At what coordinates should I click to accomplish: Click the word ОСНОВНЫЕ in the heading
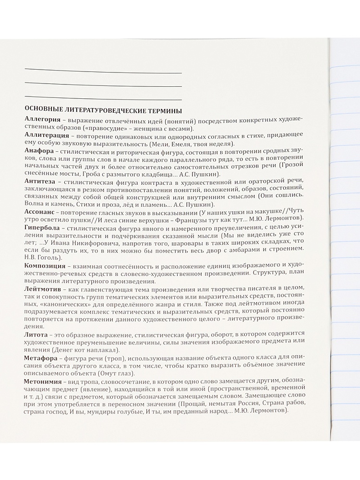[x=43, y=109]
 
